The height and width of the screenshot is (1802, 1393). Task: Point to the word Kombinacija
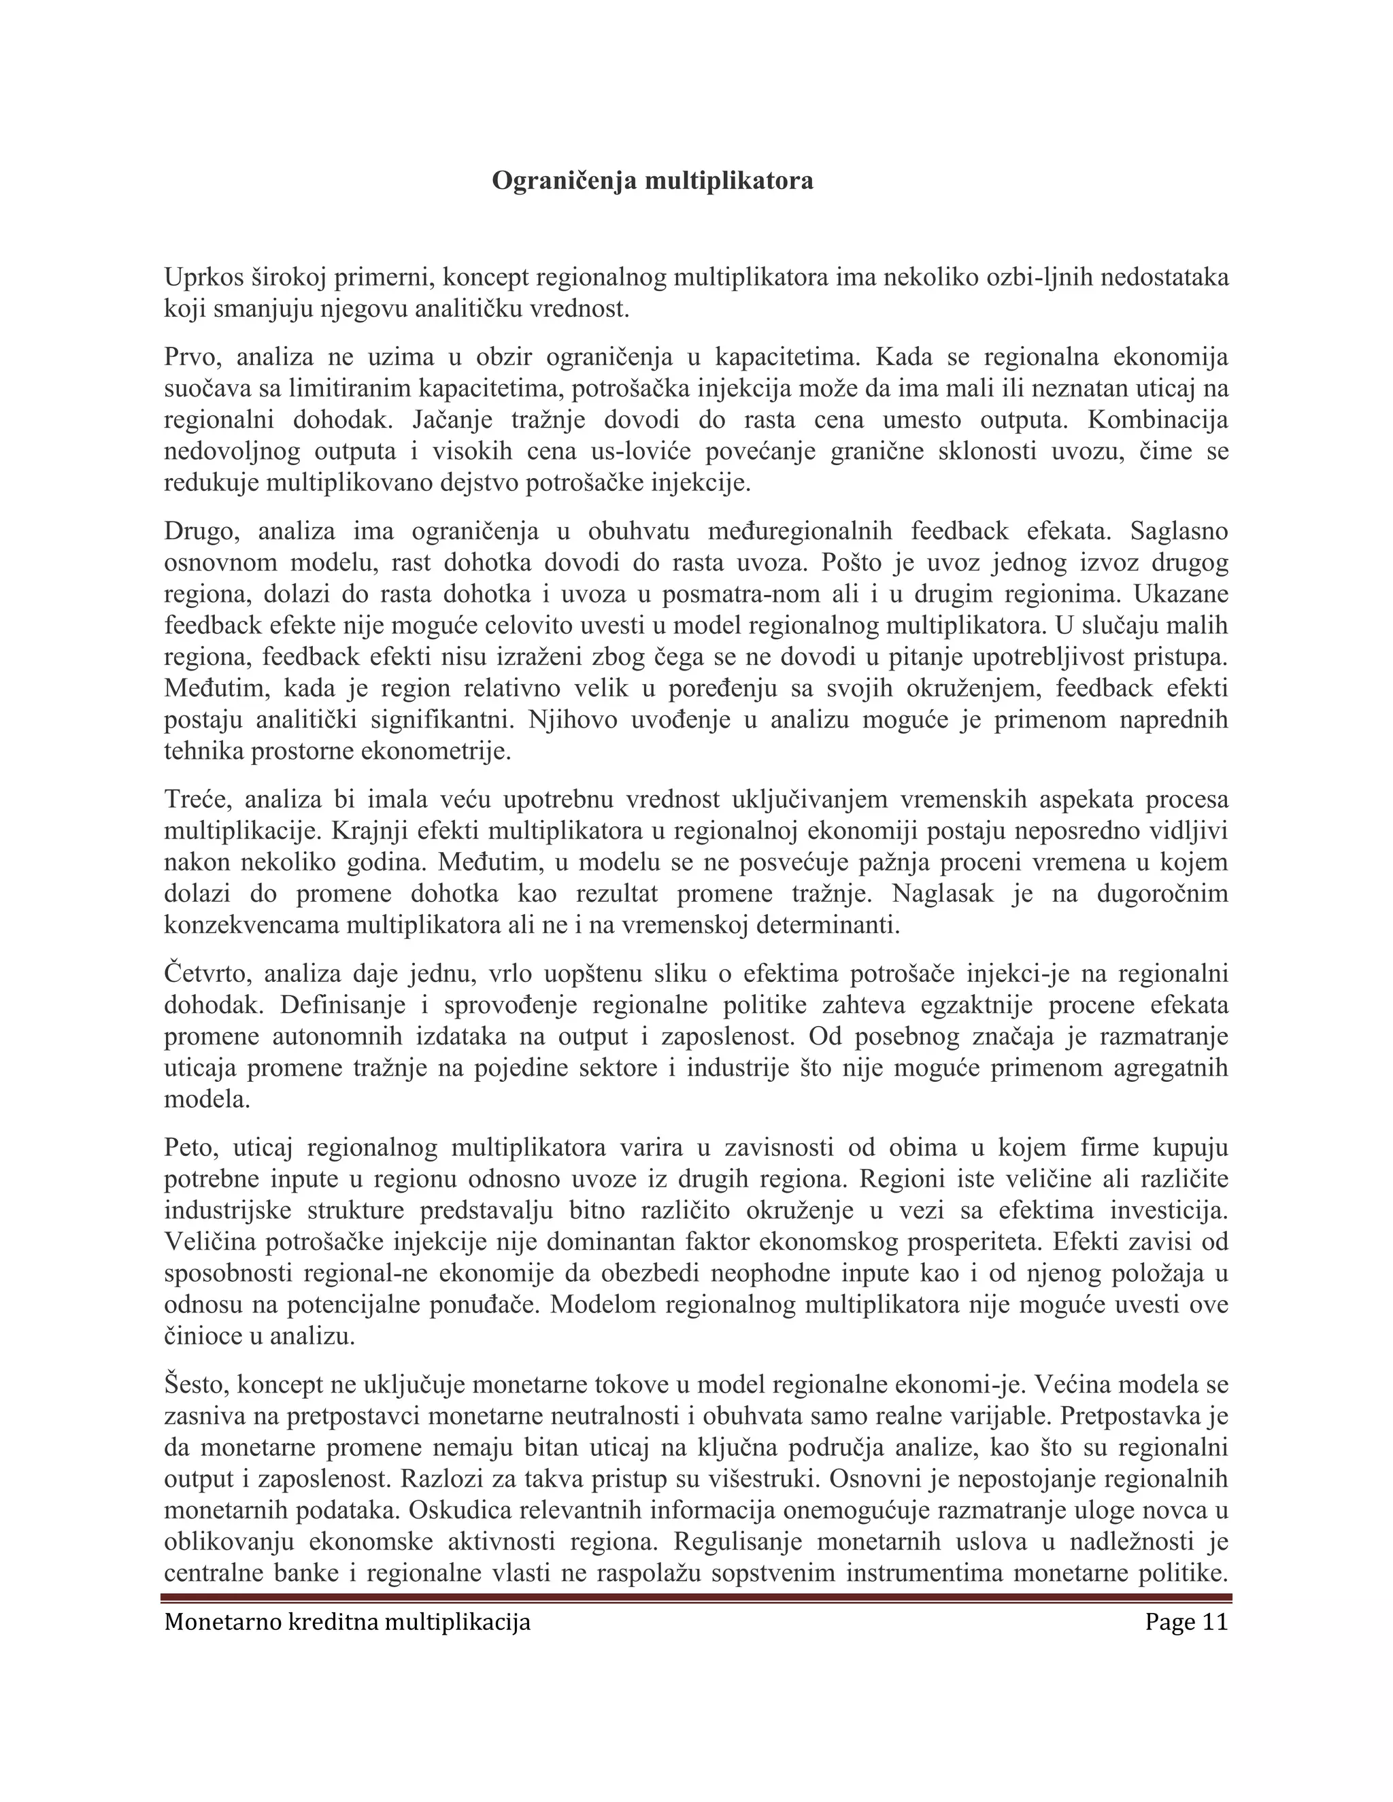(x=1158, y=420)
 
